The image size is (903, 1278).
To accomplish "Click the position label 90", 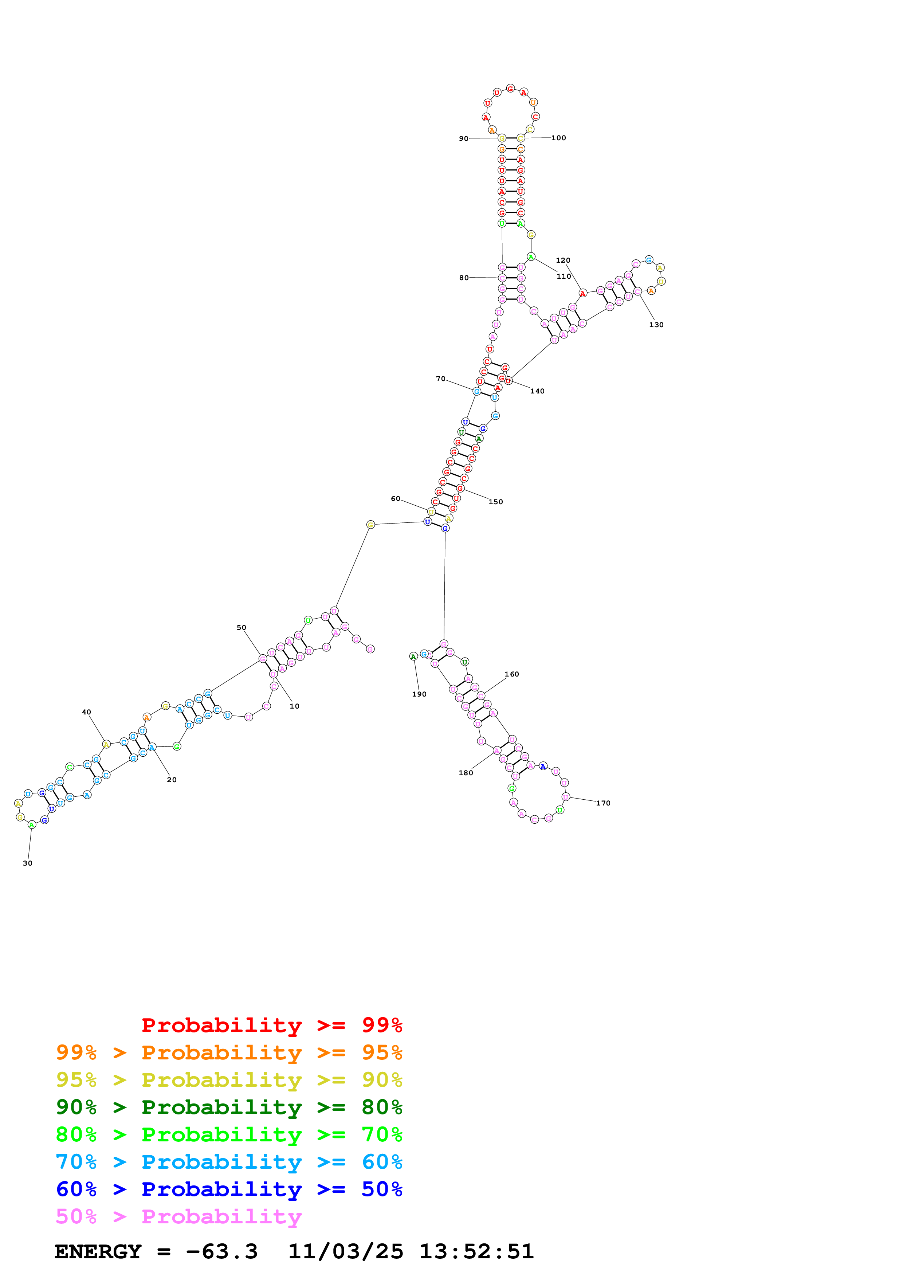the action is coord(463,138).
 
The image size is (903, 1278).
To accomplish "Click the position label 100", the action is coord(559,138).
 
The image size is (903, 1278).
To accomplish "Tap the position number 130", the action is coord(656,325).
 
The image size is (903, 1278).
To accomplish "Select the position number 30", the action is coord(28,863).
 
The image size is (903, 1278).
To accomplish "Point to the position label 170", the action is coord(603,803).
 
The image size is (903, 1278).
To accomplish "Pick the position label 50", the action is coord(242,627).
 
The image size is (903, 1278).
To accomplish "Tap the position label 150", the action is coord(496,502).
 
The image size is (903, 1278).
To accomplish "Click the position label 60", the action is coord(396,499).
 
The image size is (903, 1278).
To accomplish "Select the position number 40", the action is coord(86,712).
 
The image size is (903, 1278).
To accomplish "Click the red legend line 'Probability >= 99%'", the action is coord(271,1025).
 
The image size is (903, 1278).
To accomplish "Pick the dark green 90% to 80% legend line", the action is coord(229,1107).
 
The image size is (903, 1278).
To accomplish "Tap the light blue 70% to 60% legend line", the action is coord(229,1162).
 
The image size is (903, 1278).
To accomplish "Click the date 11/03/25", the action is coord(346,1251).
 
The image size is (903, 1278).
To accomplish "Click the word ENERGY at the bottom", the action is coord(98,1251).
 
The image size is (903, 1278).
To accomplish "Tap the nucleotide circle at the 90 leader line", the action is coord(502,138).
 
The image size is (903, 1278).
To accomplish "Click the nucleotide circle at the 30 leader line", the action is coord(32,825).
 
